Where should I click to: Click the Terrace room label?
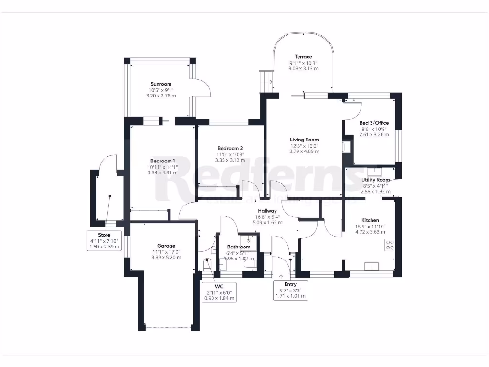pos(303,57)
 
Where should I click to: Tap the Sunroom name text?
pos(160,84)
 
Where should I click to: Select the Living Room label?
pos(304,140)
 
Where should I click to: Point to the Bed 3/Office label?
pos(374,123)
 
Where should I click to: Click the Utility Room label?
pos(375,180)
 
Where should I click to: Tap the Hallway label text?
pos(267,211)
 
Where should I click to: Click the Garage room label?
pos(166,246)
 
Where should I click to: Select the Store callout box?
pos(104,241)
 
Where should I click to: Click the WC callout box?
pos(219,292)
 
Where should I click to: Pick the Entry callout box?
pos(290,290)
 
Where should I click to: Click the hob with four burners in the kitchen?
pos(390,245)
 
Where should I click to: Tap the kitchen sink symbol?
pos(371,266)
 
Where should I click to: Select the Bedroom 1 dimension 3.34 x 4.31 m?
pos(163,173)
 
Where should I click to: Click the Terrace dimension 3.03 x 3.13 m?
pos(303,69)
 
